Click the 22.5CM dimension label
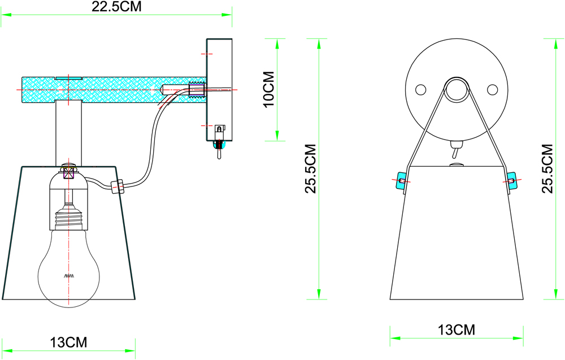coord(116,7)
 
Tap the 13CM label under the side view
coord(68,342)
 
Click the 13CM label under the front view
coord(456,329)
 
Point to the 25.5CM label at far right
coord(547,168)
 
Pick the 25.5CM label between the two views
coord(310,168)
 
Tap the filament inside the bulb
coord(68,276)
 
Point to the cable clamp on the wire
coord(118,186)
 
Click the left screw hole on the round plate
coord(420,89)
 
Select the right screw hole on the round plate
coord(492,89)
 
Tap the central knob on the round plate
coord(457,89)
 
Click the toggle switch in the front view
coord(455,151)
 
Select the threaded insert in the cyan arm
coord(196,89)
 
